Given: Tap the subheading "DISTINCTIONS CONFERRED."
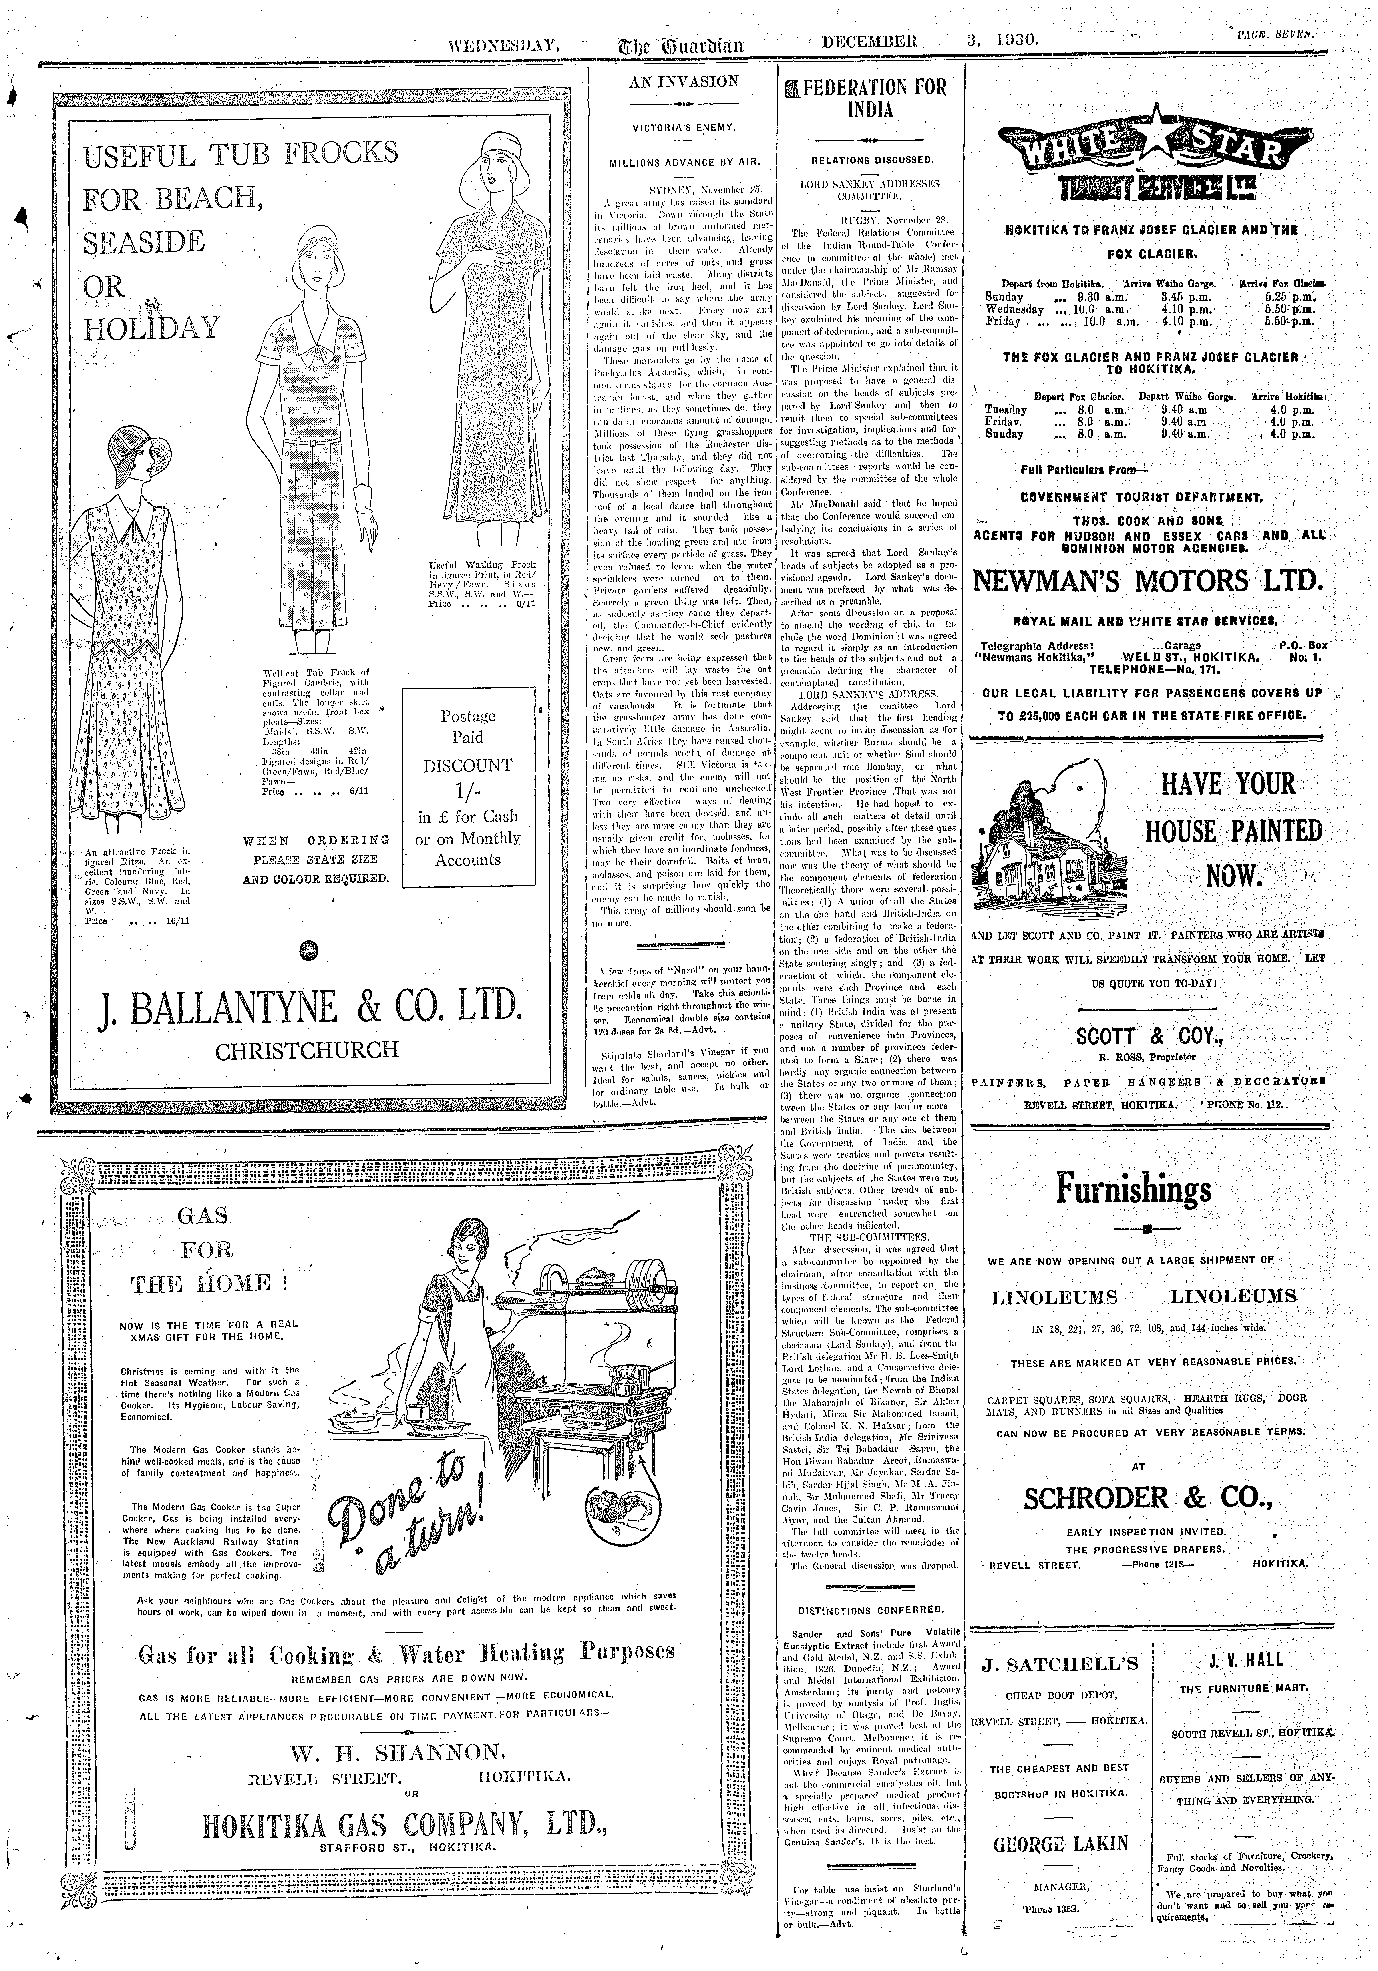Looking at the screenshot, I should tap(871, 1609).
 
